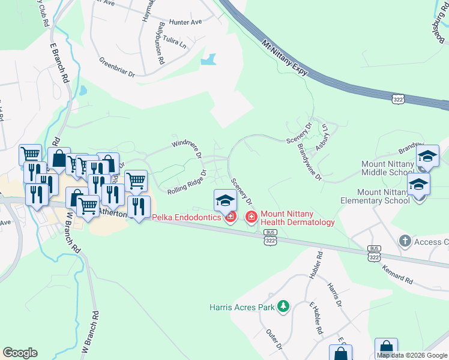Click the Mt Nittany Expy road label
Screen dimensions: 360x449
coord(286,59)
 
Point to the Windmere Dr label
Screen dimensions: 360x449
coord(187,148)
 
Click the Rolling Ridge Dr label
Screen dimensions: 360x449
coord(186,181)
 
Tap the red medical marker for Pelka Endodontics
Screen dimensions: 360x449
coord(230,217)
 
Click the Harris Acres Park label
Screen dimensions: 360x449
coord(242,307)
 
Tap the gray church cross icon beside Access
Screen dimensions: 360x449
coord(405,241)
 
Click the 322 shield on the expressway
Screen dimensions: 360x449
coord(397,100)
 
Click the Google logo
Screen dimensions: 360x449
coord(20,353)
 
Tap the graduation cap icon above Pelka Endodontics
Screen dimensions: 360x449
coord(225,199)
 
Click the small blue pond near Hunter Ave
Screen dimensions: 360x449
coord(208,60)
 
